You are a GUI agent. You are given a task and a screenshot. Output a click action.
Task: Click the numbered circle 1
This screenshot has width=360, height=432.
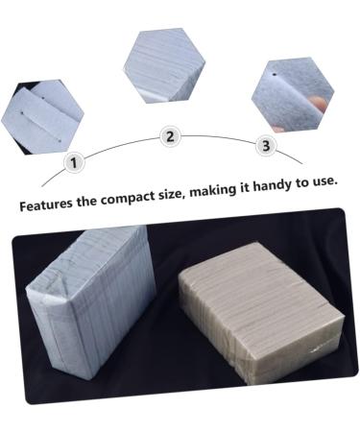[71, 162]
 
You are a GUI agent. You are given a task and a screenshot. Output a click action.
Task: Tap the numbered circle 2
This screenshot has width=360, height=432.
[170, 136]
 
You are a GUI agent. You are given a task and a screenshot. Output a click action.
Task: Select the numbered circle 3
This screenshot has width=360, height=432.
[266, 146]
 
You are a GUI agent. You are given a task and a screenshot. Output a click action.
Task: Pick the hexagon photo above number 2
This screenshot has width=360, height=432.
[164, 64]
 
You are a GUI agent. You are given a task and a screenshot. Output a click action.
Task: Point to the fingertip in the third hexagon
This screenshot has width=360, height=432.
[278, 124]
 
